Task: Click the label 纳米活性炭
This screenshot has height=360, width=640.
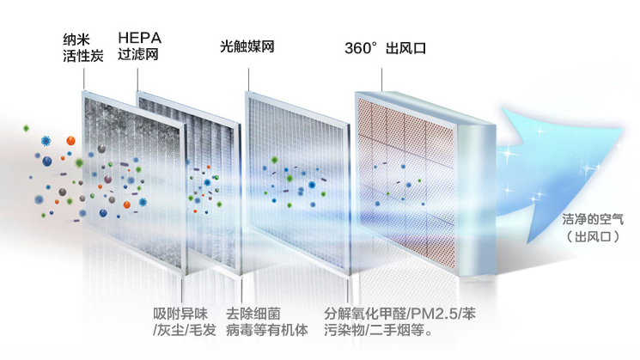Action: tap(82, 48)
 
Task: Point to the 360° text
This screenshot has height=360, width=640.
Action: tap(361, 48)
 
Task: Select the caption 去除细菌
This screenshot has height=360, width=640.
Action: tap(253, 314)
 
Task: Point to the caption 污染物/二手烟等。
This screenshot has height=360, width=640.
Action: tap(378, 331)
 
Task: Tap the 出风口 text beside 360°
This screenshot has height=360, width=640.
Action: tap(406, 48)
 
